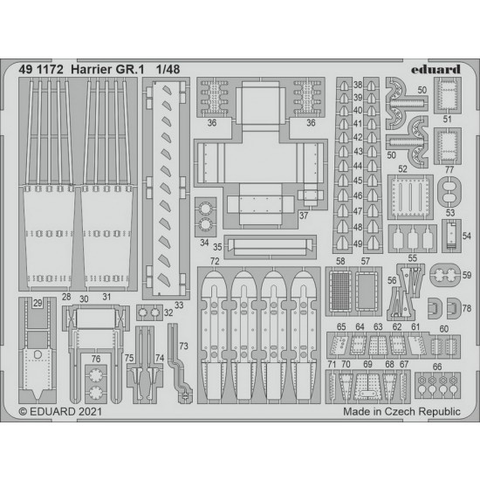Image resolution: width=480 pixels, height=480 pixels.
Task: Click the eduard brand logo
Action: pyautogui.click(x=435, y=70)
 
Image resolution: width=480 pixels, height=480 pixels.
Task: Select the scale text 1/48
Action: pyautogui.click(x=168, y=70)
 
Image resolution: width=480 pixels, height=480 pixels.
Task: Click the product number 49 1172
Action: pyautogui.click(x=41, y=70)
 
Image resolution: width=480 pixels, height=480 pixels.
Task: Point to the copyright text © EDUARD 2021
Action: pyautogui.click(x=60, y=411)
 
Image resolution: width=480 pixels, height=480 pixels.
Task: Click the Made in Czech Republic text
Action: pyautogui.click(x=401, y=411)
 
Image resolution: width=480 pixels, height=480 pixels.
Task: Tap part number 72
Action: pyautogui.click(x=215, y=261)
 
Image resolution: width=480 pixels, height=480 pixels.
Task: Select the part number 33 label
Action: pyautogui.click(x=179, y=305)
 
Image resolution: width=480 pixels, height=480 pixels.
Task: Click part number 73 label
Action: pyautogui.click(x=183, y=346)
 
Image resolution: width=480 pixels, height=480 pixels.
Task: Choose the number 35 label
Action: pyautogui.click(x=217, y=247)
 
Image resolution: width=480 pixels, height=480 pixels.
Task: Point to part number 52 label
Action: pyautogui.click(x=403, y=169)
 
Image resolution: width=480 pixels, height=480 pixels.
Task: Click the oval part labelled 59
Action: pyautogui.click(x=445, y=275)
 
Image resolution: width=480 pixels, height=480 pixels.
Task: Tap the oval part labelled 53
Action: pyautogui.click(x=449, y=191)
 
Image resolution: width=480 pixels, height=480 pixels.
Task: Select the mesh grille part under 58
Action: pyautogui.click(x=340, y=291)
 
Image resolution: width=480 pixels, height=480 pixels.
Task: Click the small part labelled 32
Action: pyautogui.click(x=149, y=312)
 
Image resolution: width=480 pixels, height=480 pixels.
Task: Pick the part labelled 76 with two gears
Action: pyautogui.click(x=96, y=384)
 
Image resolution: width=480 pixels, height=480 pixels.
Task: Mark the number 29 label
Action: pyautogui.click(x=38, y=303)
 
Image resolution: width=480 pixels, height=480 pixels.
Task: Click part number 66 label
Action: pyautogui.click(x=437, y=367)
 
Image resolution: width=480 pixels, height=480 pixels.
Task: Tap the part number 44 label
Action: pyautogui.click(x=358, y=166)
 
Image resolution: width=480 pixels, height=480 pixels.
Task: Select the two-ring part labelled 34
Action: pyautogui.click(x=205, y=216)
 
